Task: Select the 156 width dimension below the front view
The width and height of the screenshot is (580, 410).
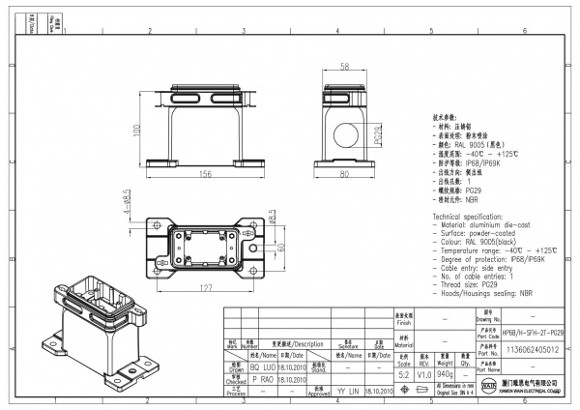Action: coord(206,175)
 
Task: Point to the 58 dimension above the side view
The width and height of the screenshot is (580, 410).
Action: coord(346,68)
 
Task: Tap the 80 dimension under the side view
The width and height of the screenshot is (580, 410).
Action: coord(346,175)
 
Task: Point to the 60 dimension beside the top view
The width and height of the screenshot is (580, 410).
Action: coord(282,248)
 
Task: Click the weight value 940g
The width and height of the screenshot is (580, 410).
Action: coord(445,372)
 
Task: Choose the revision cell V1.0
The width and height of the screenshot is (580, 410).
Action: coord(423,372)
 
